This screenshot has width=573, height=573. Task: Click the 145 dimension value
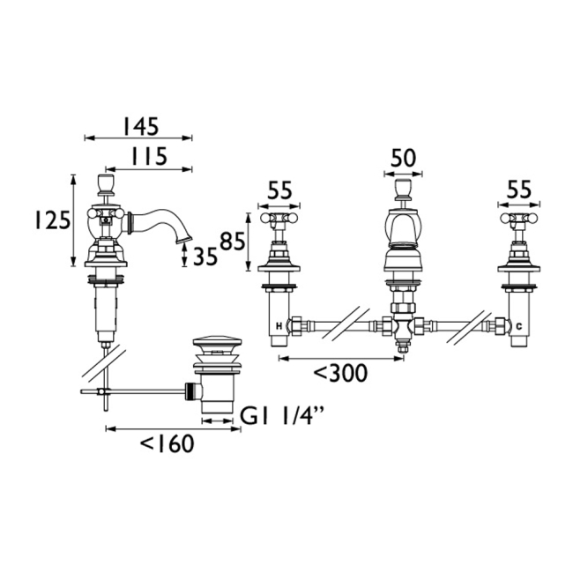(x=141, y=126)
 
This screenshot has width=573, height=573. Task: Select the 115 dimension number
(x=149, y=156)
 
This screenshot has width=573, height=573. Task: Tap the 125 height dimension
(x=52, y=220)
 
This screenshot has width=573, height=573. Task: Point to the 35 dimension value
(x=205, y=256)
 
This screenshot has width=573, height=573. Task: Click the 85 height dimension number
(x=233, y=242)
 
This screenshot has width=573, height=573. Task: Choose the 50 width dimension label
(x=404, y=158)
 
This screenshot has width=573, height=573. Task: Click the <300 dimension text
(x=340, y=373)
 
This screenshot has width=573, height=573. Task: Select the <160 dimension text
(x=167, y=443)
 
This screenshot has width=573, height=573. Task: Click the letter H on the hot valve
(x=279, y=326)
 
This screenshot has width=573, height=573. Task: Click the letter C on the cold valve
(x=519, y=326)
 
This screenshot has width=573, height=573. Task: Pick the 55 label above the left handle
(x=279, y=190)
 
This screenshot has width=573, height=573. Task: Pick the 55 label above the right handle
(x=519, y=190)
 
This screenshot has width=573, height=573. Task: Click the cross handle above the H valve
(x=279, y=219)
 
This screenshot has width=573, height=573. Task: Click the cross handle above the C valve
(x=519, y=219)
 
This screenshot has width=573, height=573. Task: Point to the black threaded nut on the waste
(x=190, y=391)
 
